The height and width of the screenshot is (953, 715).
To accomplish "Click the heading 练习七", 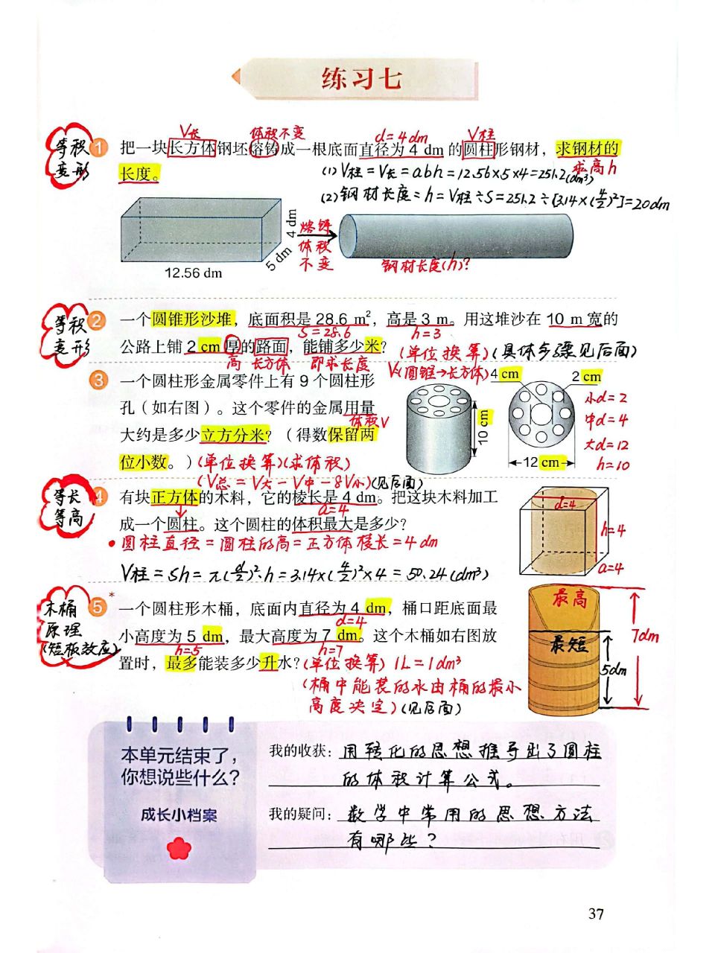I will point(361,79).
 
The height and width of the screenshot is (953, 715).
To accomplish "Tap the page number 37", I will point(595,914).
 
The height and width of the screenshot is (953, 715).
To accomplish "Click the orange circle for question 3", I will point(99,380).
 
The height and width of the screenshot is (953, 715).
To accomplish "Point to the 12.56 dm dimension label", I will point(193,273).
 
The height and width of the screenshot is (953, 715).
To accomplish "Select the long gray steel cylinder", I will point(456,236).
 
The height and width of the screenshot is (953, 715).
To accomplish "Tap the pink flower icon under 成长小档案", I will point(179,847).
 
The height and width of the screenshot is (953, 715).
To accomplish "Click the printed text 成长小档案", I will point(179,815).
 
